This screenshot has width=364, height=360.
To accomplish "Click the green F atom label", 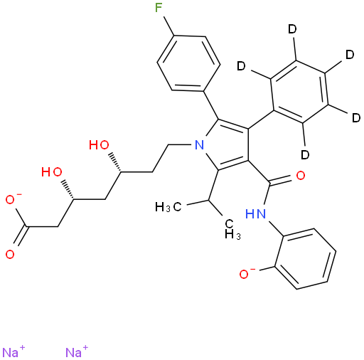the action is [x=159, y=9].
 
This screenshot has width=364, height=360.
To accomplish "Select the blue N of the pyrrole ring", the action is [x=199, y=144].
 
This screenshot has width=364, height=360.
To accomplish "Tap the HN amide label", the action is [x=255, y=213].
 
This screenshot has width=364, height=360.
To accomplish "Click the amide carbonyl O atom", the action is [x=301, y=176].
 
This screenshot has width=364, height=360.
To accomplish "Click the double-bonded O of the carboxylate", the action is [x=10, y=255].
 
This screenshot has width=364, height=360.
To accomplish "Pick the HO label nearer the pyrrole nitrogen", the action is [x=99, y=144].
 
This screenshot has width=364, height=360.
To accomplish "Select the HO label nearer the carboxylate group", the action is [x=52, y=171].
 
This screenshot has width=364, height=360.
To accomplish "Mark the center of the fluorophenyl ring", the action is [x=188, y=63].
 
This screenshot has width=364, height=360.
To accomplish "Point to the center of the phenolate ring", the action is [x=306, y=259].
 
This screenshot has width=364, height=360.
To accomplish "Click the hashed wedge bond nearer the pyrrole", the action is [x=115, y=163].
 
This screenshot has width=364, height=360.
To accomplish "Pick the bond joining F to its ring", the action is [x=168, y=26].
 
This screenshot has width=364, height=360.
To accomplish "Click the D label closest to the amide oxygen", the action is [x=305, y=154].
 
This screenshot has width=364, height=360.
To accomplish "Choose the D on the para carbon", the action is [x=350, y=55].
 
